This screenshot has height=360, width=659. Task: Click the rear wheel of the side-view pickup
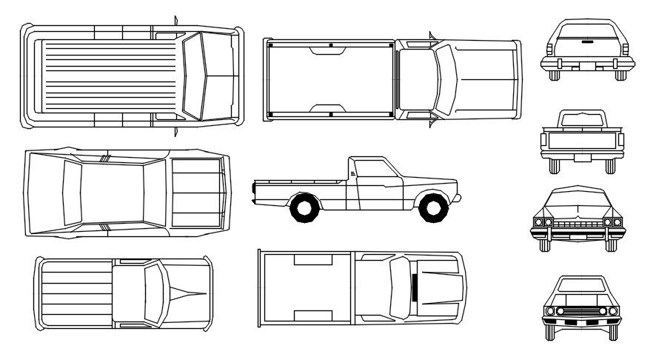click(304, 207)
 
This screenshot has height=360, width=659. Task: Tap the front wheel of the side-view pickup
click(433, 207)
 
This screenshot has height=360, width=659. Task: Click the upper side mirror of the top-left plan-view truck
click(175, 21)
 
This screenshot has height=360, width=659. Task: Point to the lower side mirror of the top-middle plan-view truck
click(430, 122)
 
